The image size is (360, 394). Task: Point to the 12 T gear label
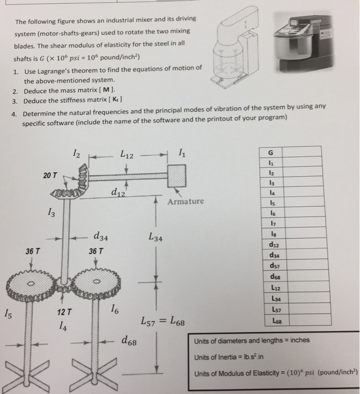pos(64,312)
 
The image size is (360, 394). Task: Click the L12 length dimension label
pos(130,154)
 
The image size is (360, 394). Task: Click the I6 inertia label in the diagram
pos(114,309)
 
